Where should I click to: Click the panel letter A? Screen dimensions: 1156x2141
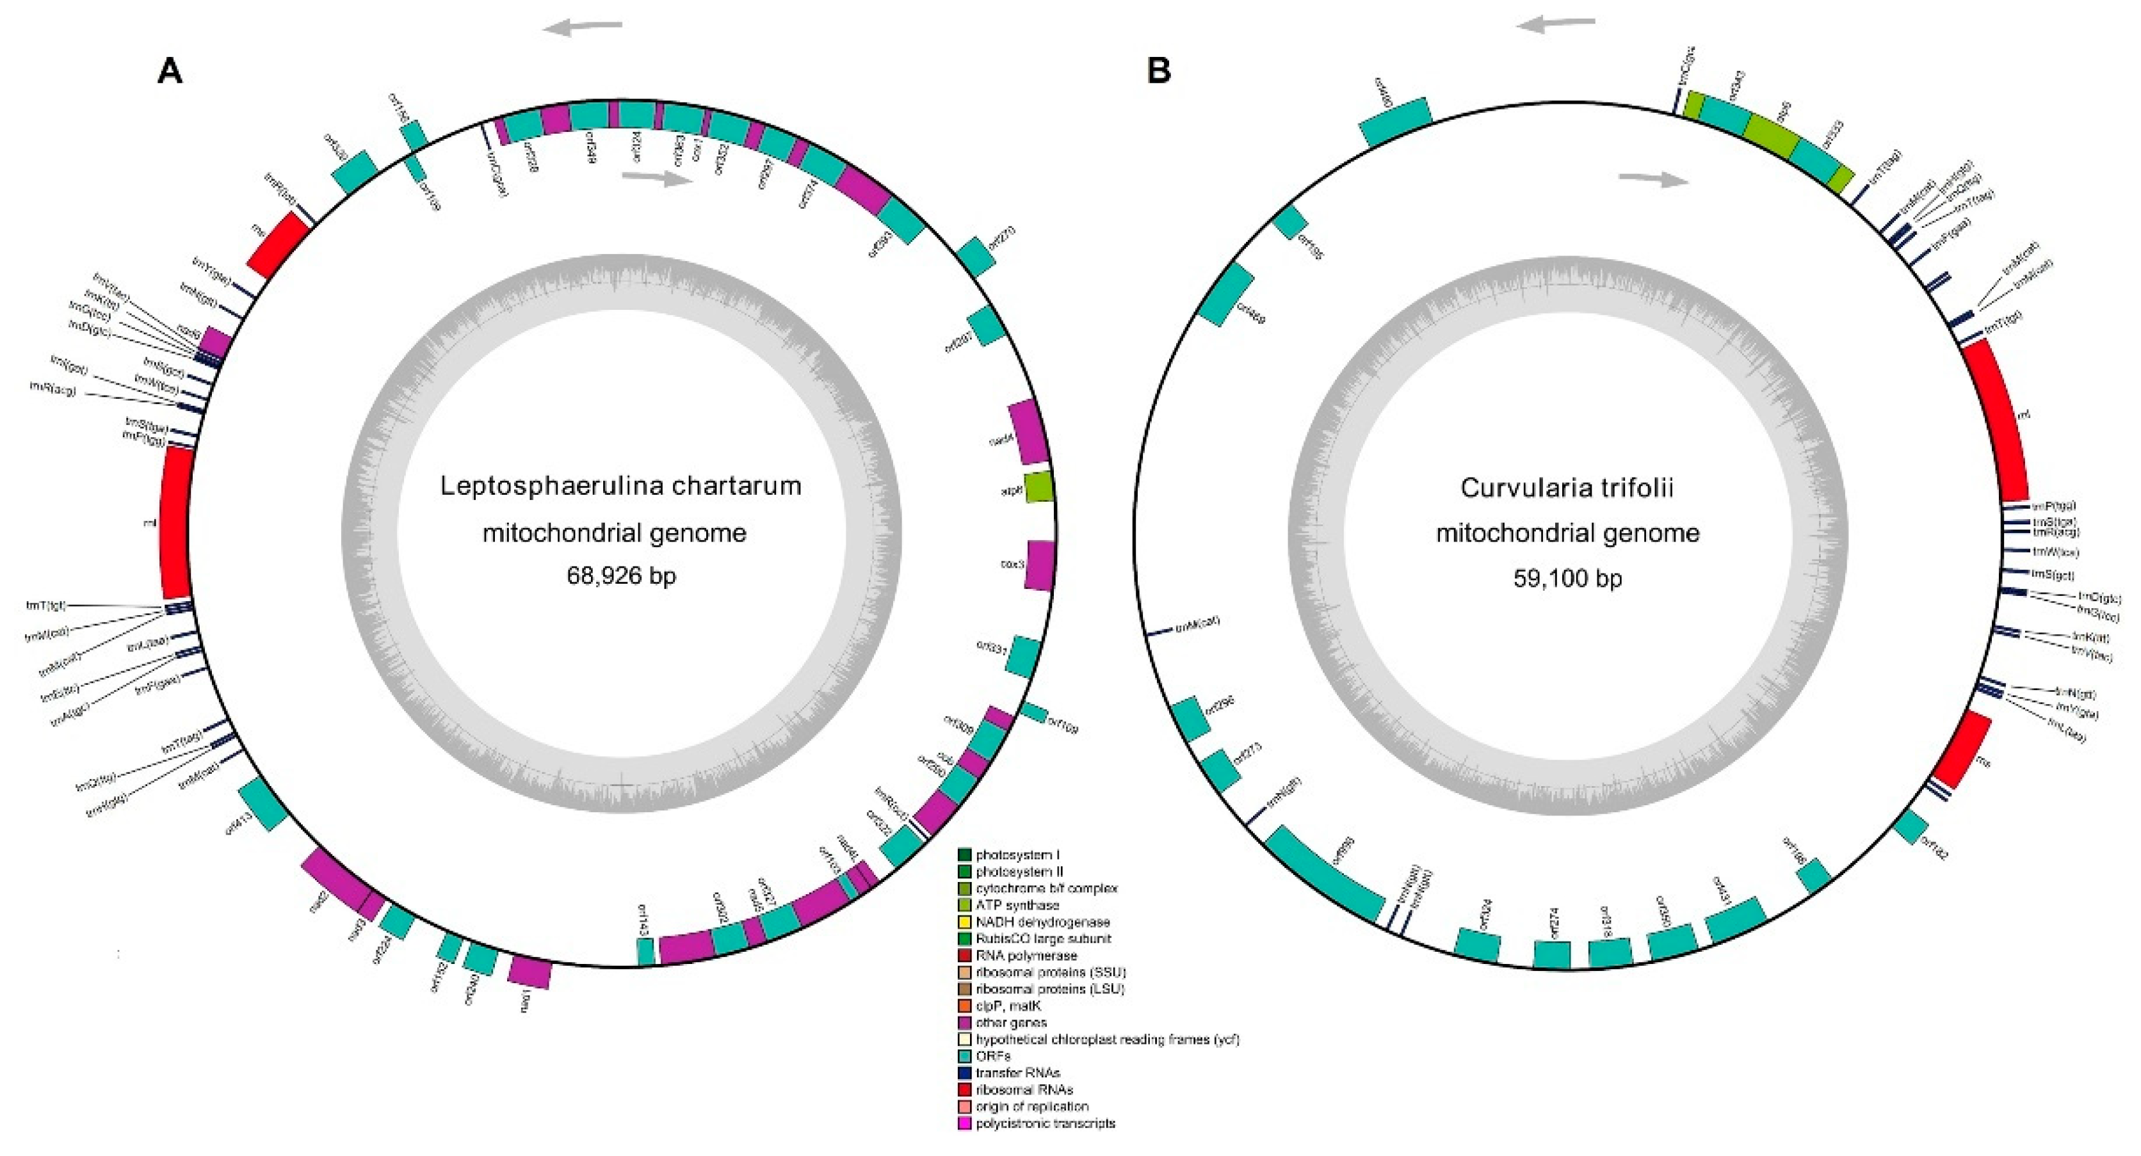[170, 72]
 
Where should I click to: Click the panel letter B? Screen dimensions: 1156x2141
[1159, 72]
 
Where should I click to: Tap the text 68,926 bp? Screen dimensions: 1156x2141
[621, 575]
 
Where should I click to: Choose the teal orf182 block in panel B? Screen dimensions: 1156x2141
[1911, 849]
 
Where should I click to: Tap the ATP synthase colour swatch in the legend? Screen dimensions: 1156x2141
[964, 905]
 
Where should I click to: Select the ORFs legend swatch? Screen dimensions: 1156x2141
[964, 1056]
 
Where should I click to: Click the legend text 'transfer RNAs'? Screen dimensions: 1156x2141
[1017, 1073]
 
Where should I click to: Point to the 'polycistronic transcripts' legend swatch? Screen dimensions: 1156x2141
[964, 1123]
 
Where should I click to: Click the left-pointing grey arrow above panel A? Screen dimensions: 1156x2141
[583, 28]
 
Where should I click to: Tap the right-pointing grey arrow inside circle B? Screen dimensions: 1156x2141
[1654, 179]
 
